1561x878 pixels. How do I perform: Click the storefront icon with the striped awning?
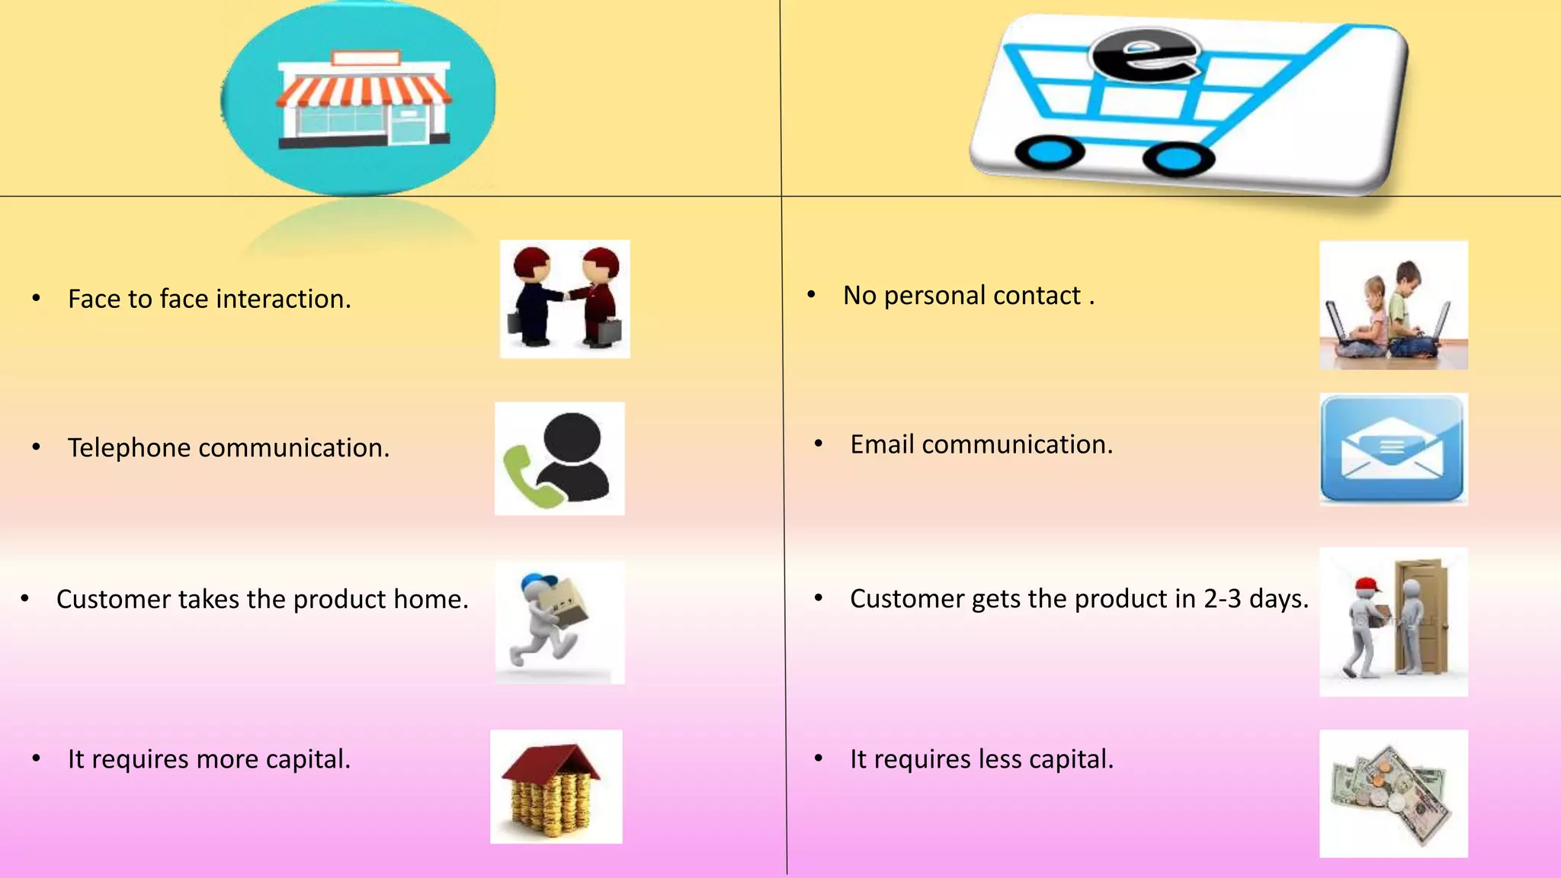pos(363,99)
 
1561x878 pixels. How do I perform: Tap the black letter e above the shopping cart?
pos(1145,55)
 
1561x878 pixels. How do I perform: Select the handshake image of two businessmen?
pos(565,299)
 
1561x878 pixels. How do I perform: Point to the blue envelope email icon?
pos(1393,450)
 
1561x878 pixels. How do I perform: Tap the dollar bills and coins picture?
pos(1393,793)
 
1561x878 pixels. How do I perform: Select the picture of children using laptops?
pos(1393,306)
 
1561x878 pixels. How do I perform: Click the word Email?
pos(882,444)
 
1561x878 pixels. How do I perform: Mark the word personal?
pos(934,295)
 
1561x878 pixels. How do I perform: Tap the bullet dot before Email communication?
pos(818,444)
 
